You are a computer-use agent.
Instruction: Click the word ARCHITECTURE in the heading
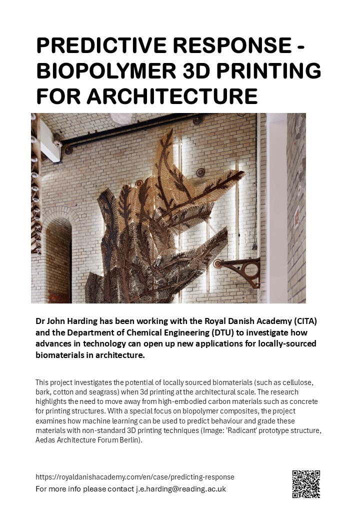pyautogui.click(x=173, y=95)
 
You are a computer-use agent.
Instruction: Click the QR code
pyautogui.click(x=305, y=484)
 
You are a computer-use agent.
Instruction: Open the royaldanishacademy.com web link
pyautogui.click(x=135, y=477)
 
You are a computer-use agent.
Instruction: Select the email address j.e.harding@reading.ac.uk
pyautogui.click(x=181, y=488)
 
